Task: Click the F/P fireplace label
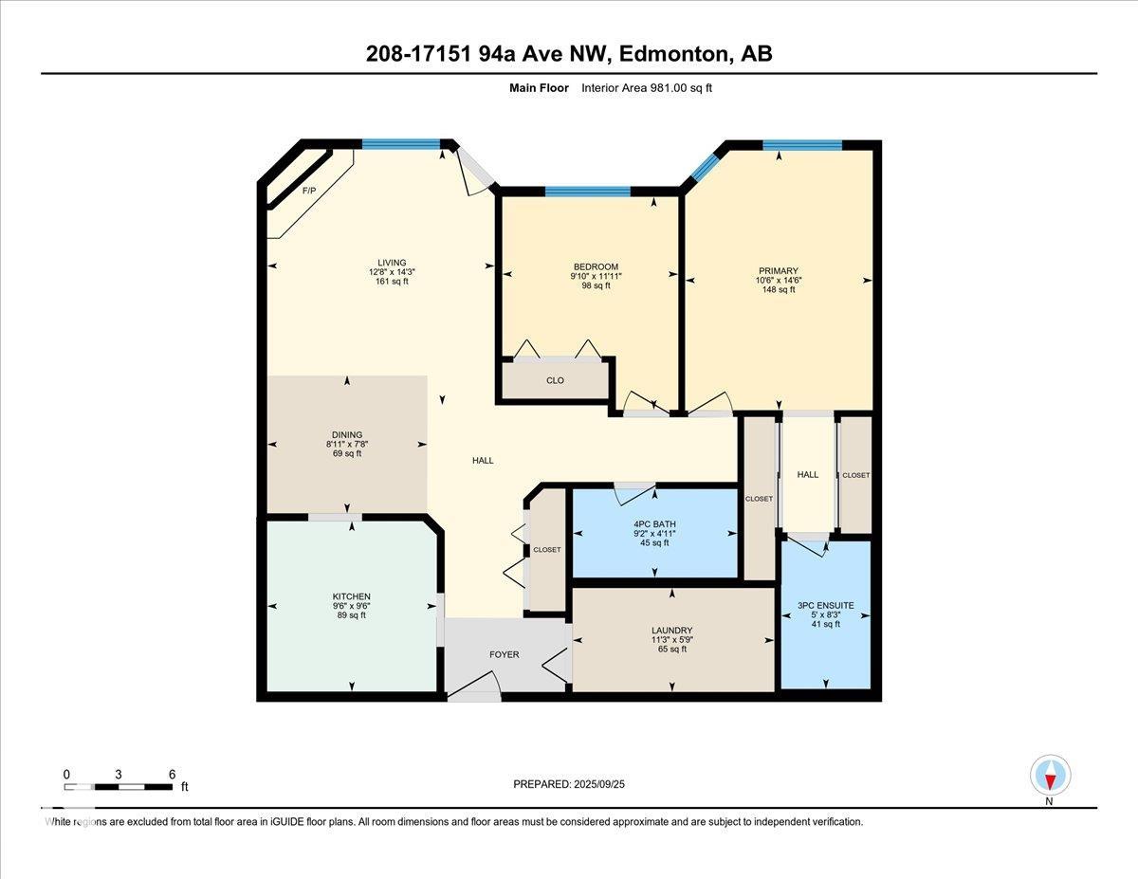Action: pyautogui.click(x=309, y=191)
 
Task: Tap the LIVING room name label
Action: pyautogui.click(x=392, y=263)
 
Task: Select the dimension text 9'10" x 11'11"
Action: pyautogui.click(x=596, y=276)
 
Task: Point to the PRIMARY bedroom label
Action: pyautogui.click(x=779, y=270)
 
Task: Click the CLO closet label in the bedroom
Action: pyautogui.click(x=555, y=380)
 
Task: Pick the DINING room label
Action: pyautogui.click(x=347, y=434)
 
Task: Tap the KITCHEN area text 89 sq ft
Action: pyautogui.click(x=352, y=615)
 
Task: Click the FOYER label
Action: pyautogui.click(x=505, y=654)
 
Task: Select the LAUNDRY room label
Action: pyautogui.click(x=672, y=631)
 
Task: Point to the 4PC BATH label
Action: pyautogui.click(x=654, y=524)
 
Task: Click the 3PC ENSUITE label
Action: pyautogui.click(x=825, y=605)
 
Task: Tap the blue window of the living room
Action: pyautogui.click(x=401, y=144)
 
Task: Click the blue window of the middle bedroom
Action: pyautogui.click(x=588, y=192)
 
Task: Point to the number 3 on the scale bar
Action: pyautogui.click(x=119, y=775)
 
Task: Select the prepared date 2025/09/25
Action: pyautogui.click(x=599, y=784)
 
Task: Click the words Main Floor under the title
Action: pyautogui.click(x=539, y=88)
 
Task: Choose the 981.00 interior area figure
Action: pyautogui.click(x=669, y=88)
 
